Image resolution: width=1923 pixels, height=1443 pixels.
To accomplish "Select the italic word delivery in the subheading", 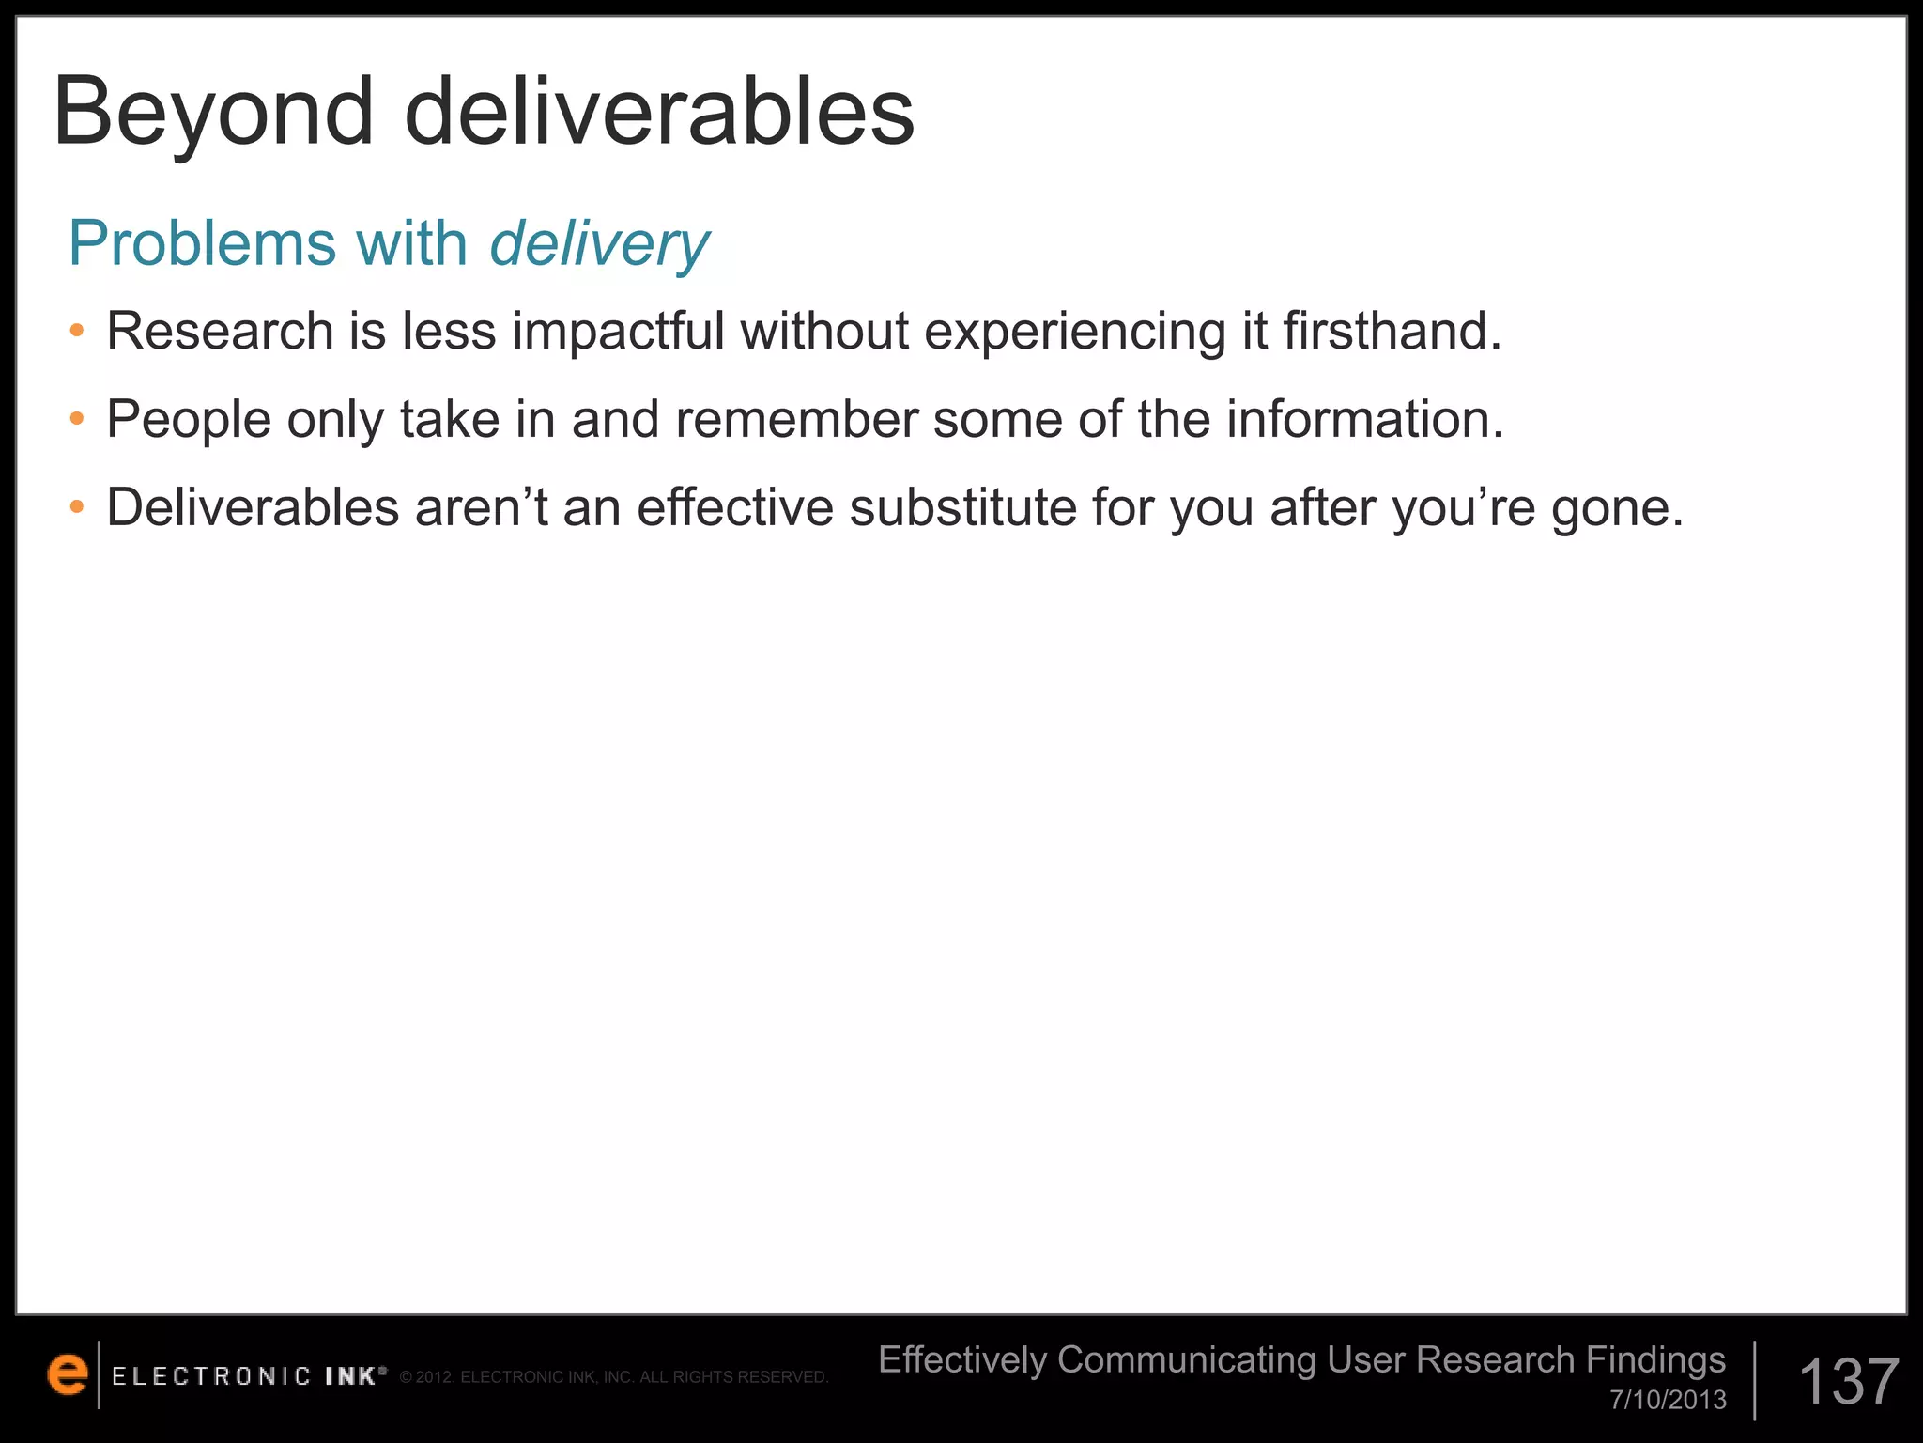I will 599,244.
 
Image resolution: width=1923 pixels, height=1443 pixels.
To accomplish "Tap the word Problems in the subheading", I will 202,244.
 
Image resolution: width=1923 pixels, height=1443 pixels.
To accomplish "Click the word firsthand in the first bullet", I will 1392,331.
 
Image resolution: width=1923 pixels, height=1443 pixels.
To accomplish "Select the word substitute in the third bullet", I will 962,507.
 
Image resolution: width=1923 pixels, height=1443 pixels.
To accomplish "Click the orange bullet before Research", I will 77,331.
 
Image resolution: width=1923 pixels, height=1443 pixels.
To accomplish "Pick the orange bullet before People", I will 77,419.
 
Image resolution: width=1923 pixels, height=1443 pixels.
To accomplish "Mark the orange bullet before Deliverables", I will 77,507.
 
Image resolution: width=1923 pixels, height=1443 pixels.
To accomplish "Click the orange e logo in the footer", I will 67,1374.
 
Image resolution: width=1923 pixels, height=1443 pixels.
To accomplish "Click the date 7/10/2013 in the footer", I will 1668,1400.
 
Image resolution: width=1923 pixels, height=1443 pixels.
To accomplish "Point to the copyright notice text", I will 614,1377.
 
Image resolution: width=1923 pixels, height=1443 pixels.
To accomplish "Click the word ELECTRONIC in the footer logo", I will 211,1376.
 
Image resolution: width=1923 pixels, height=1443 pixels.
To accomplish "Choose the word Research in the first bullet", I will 220,331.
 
